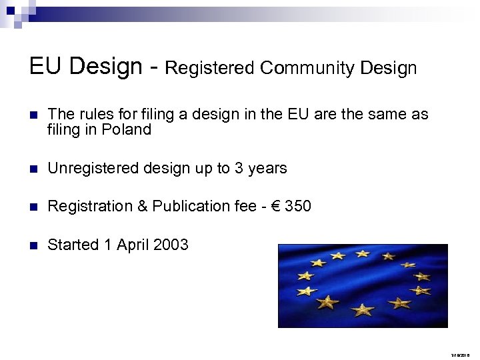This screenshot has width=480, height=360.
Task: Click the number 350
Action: [297, 207]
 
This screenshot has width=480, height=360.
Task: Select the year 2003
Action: [171, 245]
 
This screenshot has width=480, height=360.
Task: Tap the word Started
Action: [73, 245]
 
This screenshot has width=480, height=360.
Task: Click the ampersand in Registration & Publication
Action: [143, 207]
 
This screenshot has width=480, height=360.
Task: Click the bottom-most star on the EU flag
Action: [363, 309]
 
